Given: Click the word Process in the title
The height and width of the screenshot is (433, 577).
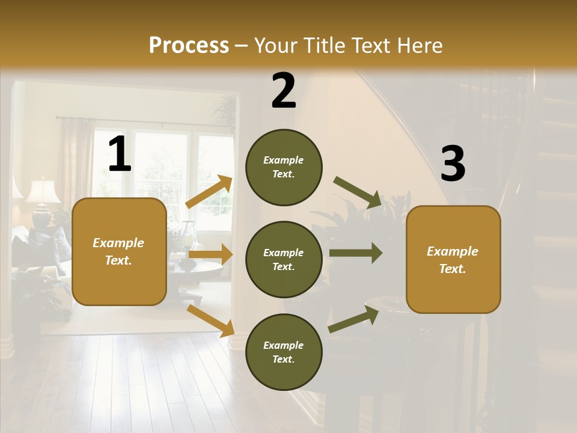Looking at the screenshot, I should (189, 45).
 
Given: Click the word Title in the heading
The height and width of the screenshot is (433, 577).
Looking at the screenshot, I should (322, 45).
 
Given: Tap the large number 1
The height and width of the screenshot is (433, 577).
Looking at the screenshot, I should (120, 155).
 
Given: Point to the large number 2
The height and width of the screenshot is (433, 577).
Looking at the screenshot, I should (284, 91).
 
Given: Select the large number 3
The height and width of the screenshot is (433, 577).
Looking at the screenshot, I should (453, 164).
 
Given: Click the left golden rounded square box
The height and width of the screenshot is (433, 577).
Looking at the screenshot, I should (119, 251).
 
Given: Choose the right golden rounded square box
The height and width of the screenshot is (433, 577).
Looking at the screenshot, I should (453, 259).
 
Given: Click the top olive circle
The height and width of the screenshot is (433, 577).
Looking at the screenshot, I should (284, 167).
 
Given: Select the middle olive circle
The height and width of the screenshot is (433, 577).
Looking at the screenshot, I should (284, 259).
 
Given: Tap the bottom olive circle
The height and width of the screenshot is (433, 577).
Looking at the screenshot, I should (284, 352).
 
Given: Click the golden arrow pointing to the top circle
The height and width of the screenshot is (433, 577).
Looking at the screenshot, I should (209, 191).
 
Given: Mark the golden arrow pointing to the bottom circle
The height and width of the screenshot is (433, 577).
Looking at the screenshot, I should (210, 321).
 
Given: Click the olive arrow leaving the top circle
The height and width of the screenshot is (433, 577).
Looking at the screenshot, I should (357, 192).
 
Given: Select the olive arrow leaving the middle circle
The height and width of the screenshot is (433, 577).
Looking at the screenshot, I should (355, 253).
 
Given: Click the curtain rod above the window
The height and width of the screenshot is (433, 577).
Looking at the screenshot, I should (144, 122).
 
